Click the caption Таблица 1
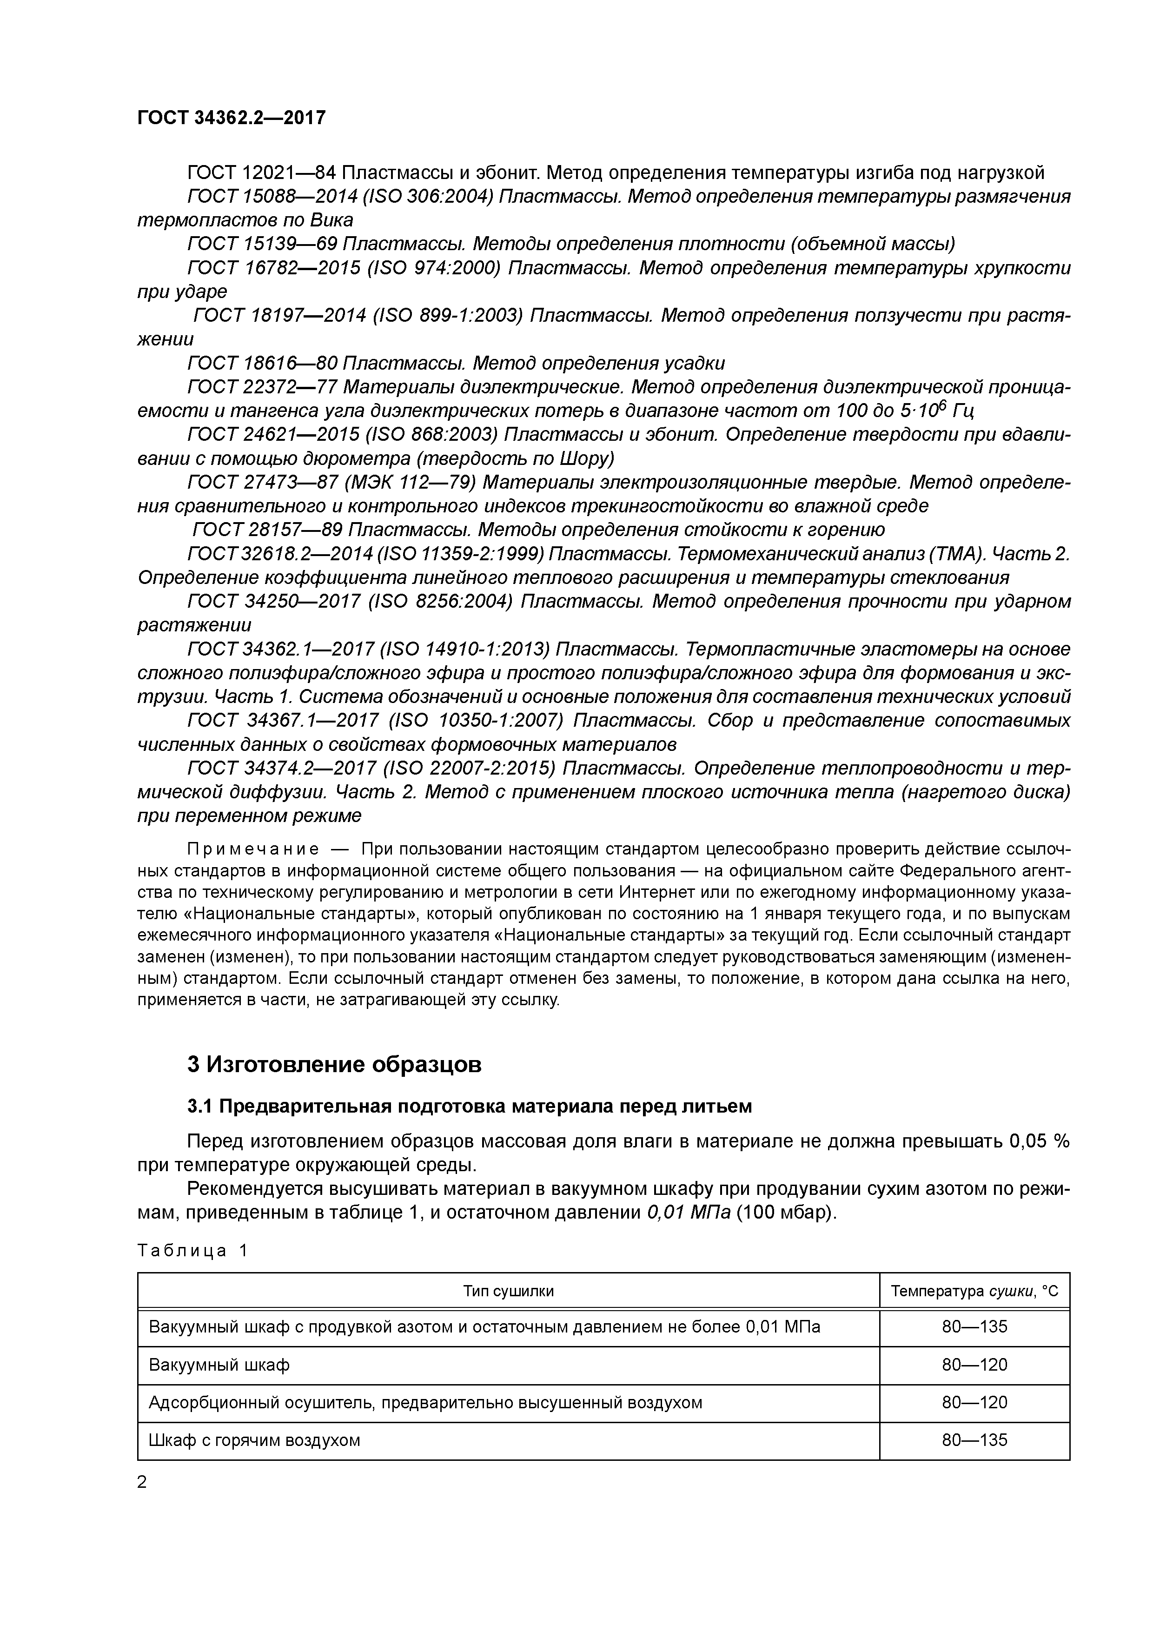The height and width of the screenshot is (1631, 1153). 192,1250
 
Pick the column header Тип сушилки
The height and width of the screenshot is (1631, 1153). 508,1291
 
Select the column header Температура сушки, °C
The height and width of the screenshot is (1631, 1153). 974,1291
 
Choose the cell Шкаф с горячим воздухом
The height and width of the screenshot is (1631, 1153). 254,1440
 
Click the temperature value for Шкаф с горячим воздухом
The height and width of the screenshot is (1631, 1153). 974,1440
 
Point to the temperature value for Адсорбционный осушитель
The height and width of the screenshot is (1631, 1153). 974,1402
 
